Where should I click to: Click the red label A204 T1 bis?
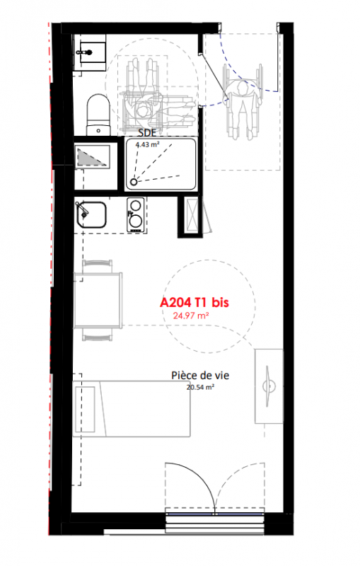[194, 302]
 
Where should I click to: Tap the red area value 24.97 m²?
[191, 316]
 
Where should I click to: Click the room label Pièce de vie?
[200, 376]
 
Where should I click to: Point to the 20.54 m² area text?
[201, 387]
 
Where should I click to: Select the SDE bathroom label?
[147, 132]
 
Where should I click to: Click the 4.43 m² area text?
[148, 145]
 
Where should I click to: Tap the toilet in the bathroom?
[98, 115]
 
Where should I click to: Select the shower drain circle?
[134, 182]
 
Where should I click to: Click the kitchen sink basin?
[91, 215]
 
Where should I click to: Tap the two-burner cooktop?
[136, 214]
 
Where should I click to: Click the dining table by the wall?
[98, 300]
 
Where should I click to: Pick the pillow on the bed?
[85, 409]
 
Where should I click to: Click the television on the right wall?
[268, 386]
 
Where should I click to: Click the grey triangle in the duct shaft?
[91, 157]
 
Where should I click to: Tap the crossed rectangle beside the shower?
[192, 215]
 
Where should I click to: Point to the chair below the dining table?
[97, 334]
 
